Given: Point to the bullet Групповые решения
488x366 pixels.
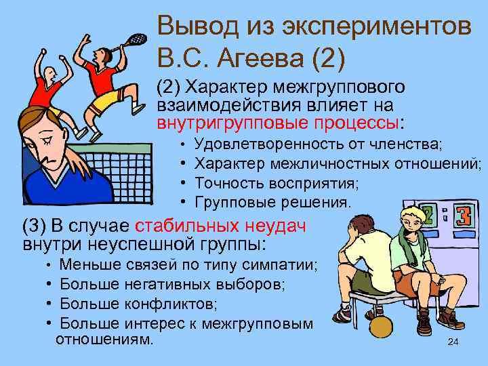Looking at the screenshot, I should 273,202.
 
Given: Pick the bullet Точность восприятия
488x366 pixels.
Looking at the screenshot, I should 277,183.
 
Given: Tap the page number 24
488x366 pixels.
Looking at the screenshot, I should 453,343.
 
